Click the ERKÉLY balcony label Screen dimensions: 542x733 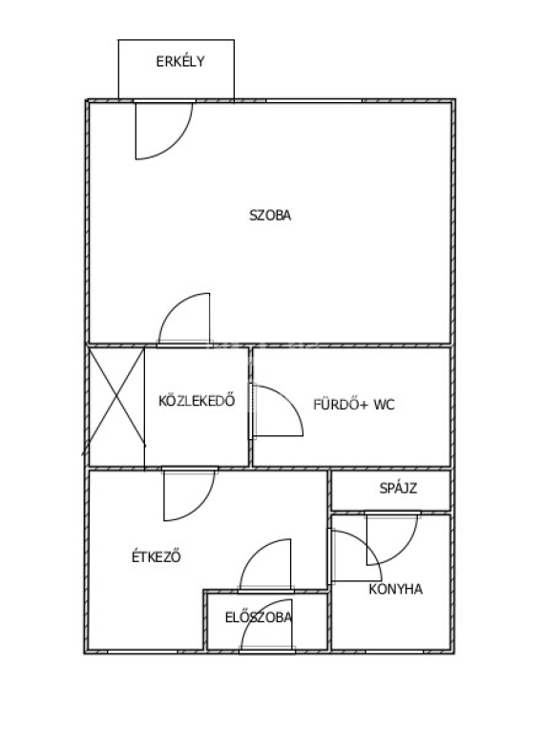tap(180, 61)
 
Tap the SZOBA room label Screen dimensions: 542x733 tap(270, 215)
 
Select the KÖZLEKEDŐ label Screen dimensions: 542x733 tap(197, 401)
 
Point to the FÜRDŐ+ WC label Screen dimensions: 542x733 tap(354, 404)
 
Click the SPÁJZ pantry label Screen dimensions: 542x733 tap(398, 488)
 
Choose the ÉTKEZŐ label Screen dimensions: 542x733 tap(156, 556)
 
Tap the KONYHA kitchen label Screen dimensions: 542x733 tap(396, 589)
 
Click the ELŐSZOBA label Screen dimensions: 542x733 tap(259, 618)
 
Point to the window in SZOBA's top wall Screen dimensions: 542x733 tap(314, 101)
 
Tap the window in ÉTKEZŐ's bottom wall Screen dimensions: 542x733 tap(142, 651)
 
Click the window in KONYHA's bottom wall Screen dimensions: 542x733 tap(395, 651)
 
